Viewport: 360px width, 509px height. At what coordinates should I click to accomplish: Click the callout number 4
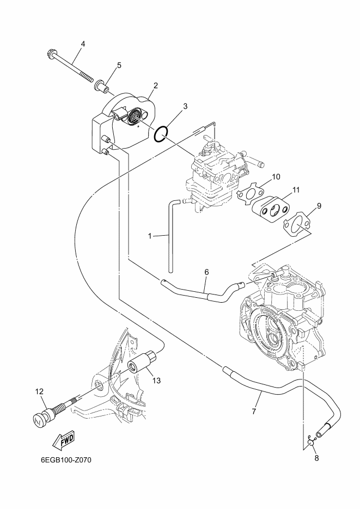(83, 44)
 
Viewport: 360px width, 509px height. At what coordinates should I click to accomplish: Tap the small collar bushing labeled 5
(102, 85)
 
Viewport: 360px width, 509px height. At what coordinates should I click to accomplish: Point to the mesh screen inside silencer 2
(135, 116)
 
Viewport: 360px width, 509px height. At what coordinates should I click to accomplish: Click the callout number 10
(276, 177)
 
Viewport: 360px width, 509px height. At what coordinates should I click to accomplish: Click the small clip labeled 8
(311, 443)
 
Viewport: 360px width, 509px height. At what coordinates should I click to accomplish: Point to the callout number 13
(156, 381)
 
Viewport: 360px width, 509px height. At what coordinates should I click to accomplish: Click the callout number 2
(155, 85)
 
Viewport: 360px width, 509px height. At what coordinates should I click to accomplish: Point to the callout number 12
(39, 391)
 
